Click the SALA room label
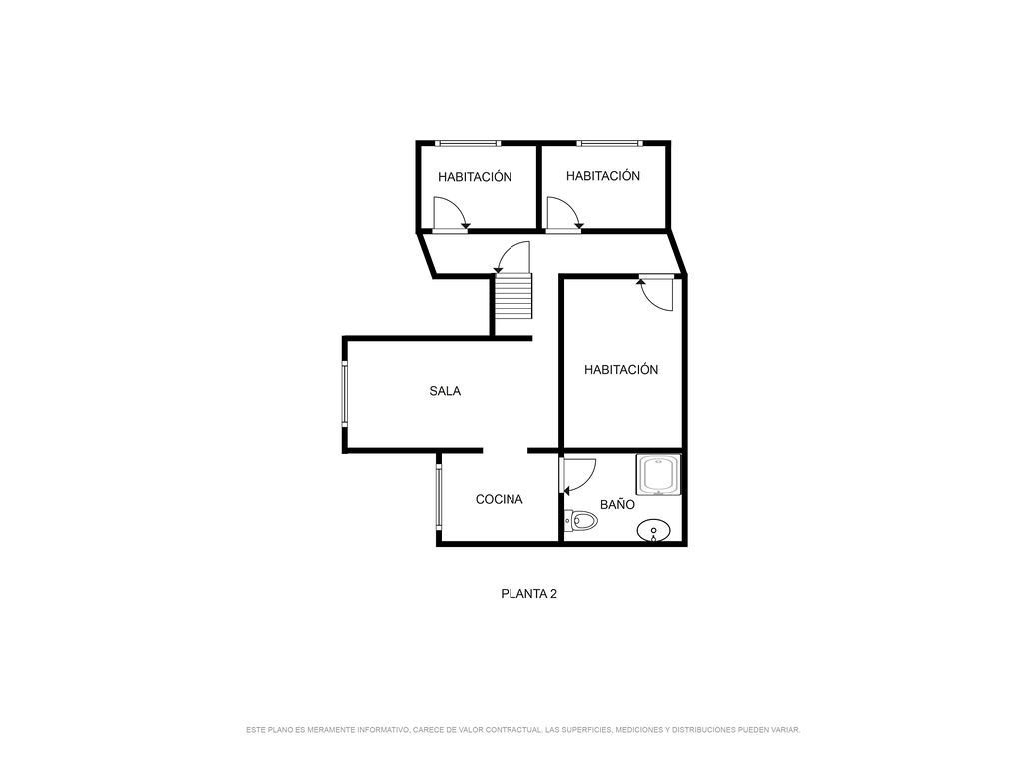click(445, 391)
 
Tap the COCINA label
click(500, 500)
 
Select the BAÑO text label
click(617, 504)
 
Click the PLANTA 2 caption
click(528, 594)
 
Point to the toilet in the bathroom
click(581, 520)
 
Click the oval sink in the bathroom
click(653, 531)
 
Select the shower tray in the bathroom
click(659, 475)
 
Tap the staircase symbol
click(512, 296)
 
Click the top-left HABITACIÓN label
click(475, 177)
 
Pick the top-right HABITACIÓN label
click(602, 176)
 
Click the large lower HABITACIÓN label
click(621, 370)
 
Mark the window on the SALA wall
click(344, 394)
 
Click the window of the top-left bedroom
click(468, 143)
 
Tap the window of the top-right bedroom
click(610, 143)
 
